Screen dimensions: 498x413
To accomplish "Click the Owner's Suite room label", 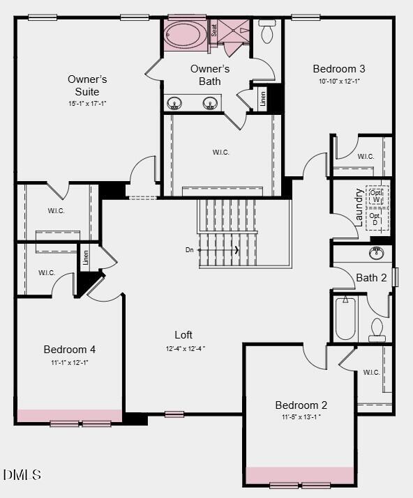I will (x=87, y=85).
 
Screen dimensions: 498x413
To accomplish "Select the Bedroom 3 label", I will (x=339, y=68).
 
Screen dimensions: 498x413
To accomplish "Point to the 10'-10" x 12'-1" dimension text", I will (x=339, y=81).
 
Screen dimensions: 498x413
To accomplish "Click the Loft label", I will (x=183, y=335).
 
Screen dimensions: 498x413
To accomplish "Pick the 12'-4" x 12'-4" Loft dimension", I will (x=185, y=348).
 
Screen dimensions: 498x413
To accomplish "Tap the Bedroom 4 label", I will (x=70, y=349).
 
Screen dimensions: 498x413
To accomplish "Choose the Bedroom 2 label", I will (x=301, y=405).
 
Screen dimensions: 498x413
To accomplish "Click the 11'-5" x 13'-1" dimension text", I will (x=301, y=417).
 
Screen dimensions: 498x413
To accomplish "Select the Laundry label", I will (x=359, y=207).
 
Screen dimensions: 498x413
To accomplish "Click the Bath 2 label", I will (x=371, y=278).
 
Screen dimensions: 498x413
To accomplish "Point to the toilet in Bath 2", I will (x=377, y=329).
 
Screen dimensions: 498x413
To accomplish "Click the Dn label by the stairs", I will (x=189, y=249).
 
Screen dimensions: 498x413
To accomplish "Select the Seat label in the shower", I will (x=214, y=29).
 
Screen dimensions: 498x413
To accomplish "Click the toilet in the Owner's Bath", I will (x=267, y=32).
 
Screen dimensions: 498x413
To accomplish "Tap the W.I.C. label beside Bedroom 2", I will (x=371, y=372).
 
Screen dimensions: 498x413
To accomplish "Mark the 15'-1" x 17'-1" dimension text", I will (x=87, y=103).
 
